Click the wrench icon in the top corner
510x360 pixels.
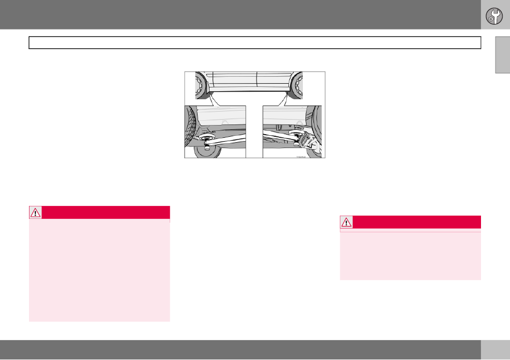495,16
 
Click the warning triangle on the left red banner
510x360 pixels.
35,212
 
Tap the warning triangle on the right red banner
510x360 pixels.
347,222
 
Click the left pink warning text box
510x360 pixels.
99,271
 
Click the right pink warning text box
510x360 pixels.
411,256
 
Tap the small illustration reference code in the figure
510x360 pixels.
300,157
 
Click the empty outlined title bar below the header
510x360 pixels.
254,43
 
